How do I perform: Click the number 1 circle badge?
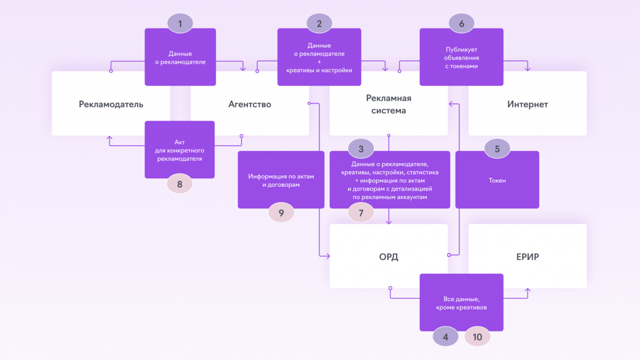pyautogui.click(x=180, y=24)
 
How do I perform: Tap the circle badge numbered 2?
pyautogui.click(x=319, y=24)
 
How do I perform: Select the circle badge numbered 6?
pyautogui.click(x=462, y=24)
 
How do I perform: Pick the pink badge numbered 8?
pyautogui.click(x=180, y=184)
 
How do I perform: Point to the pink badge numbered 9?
pyautogui.click(x=281, y=213)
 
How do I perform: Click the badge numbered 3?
pyautogui.click(x=361, y=149)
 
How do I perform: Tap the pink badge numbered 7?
pyautogui.click(x=361, y=213)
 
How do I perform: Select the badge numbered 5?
pyautogui.click(x=497, y=149)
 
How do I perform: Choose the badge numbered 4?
pyautogui.click(x=445, y=337)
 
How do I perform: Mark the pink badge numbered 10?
pyautogui.click(x=477, y=337)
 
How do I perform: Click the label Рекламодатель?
pyautogui.click(x=111, y=104)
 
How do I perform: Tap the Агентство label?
pyautogui.click(x=250, y=104)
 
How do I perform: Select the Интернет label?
pyautogui.click(x=527, y=104)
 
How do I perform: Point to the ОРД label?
pyautogui.click(x=388, y=257)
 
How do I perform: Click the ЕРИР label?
pyautogui.click(x=527, y=257)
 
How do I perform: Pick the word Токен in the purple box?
pyautogui.click(x=497, y=180)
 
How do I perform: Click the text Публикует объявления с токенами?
pyautogui.click(x=461, y=58)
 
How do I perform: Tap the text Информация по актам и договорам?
pyautogui.click(x=281, y=180)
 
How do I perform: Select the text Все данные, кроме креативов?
pyautogui.click(x=461, y=303)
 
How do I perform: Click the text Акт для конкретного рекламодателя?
pyautogui.click(x=180, y=150)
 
